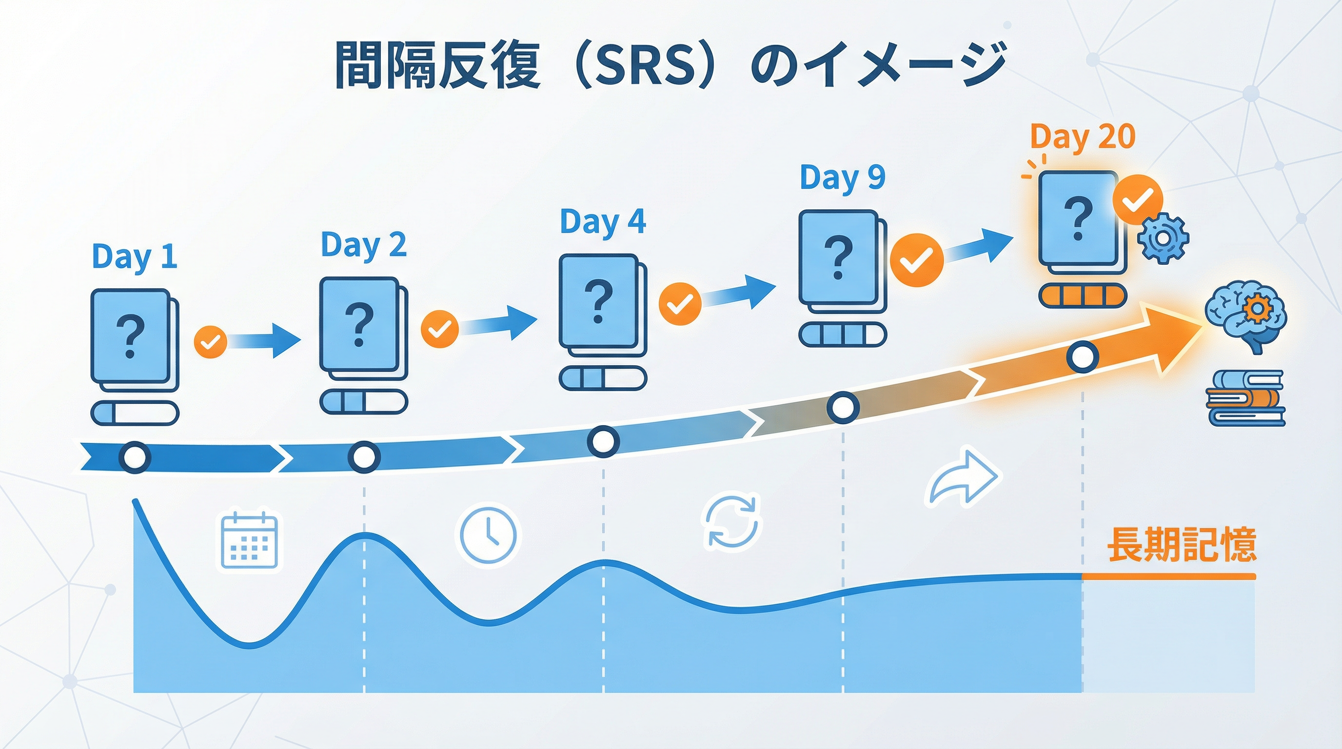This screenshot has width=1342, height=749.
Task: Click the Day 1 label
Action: pos(135,257)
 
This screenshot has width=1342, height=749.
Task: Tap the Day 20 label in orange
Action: pos(1083,138)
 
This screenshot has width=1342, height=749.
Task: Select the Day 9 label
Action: pos(842,177)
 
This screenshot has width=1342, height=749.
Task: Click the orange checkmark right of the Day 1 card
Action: pos(211,342)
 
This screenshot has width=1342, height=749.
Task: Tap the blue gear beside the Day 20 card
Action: pos(1163,238)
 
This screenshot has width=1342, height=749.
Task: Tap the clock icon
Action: pos(488,534)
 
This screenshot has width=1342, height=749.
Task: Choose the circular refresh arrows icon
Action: pos(732,522)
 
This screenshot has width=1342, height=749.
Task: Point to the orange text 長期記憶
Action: pos(1181,545)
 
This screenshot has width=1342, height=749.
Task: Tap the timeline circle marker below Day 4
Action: pos(603,441)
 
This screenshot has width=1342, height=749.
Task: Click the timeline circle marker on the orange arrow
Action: pos(1083,357)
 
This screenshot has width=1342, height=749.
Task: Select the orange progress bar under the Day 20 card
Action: pos(1083,296)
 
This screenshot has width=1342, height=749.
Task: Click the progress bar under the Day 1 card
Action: pos(135,414)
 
